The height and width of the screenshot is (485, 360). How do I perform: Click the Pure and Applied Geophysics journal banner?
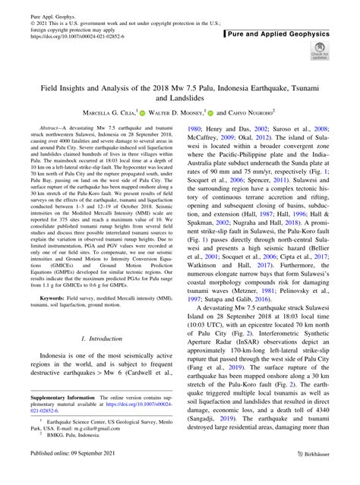[286, 34]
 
